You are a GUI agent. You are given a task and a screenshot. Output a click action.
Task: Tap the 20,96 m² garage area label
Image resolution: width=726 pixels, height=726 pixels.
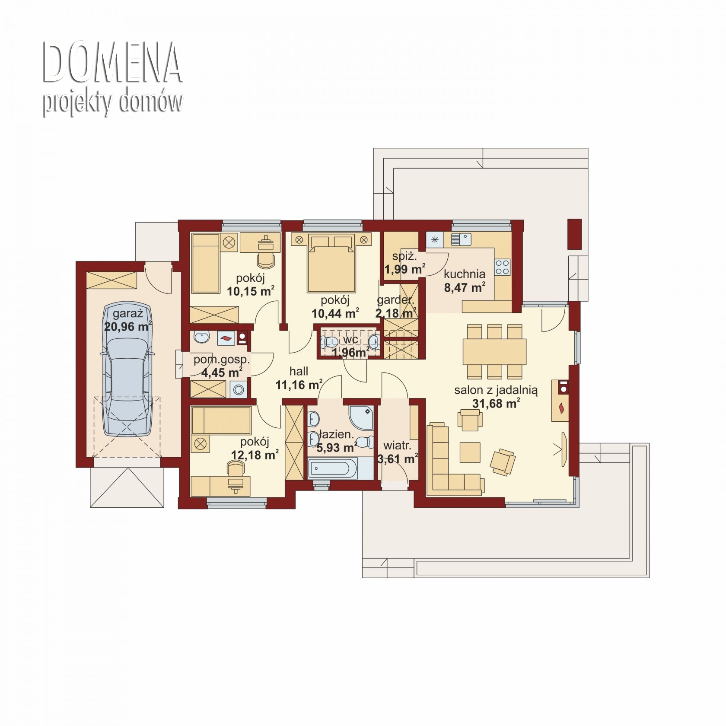128,327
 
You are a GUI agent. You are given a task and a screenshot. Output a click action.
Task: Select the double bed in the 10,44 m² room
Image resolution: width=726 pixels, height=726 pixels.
331,264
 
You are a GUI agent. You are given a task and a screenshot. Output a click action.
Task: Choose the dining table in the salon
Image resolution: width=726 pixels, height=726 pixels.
494,352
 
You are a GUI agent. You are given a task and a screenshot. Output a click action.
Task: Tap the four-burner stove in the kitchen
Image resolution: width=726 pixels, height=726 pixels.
502,267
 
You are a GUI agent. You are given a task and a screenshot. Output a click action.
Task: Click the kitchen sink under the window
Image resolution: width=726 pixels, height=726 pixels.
461,239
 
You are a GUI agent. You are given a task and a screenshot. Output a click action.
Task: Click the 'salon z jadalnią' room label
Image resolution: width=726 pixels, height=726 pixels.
496,390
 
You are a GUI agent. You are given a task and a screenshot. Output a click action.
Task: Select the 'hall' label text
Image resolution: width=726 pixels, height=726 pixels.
299,371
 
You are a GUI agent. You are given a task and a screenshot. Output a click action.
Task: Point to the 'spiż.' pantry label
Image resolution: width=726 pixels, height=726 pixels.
404,256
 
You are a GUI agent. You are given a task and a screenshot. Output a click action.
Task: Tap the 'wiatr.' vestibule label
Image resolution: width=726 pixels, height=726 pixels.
397,445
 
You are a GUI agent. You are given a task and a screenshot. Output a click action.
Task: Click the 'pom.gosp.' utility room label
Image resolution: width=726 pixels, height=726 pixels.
222,359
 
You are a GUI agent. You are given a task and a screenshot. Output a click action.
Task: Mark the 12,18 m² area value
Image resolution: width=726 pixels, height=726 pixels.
255,455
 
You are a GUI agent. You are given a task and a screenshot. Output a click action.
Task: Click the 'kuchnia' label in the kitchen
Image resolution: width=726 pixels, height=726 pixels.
465,274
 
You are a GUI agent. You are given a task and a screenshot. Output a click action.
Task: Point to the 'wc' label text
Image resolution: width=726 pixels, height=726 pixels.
350,340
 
